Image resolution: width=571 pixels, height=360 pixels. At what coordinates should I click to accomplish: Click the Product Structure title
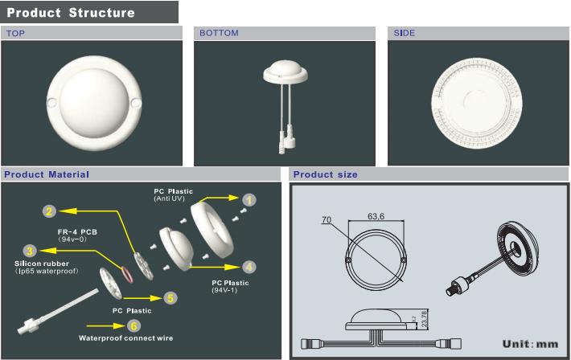pyautogui.click(x=71, y=13)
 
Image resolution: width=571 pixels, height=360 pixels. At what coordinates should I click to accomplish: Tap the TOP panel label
pyautogui.click(x=15, y=34)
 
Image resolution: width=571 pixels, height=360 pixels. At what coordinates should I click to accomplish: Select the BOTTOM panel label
pyautogui.click(x=219, y=33)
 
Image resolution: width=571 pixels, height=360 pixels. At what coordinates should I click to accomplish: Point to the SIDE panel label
pyautogui.click(x=405, y=33)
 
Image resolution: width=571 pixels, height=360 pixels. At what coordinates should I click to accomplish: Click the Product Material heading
pyautogui.click(x=47, y=174)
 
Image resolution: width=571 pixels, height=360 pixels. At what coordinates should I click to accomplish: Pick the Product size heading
pyautogui.click(x=325, y=174)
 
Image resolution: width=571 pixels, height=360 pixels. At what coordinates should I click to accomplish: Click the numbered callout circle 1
pyautogui.click(x=249, y=200)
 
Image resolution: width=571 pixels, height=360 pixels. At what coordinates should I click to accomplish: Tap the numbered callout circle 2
pyautogui.click(x=50, y=211)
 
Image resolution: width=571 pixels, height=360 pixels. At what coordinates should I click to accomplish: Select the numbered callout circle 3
pyautogui.click(x=30, y=251)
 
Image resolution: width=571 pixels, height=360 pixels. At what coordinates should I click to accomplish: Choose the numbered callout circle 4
pyautogui.click(x=249, y=267)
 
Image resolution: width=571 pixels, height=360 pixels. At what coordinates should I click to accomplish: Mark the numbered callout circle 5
pyautogui.click(x=170, y=298)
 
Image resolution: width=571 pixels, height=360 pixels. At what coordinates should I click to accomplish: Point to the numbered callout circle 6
pyautogui.click(x=134, y=325)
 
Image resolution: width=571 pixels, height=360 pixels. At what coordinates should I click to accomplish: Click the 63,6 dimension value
pyautogui.click(x=376, y=216)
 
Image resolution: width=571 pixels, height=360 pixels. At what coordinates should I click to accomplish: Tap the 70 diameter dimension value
pyautogui.click(x=327, y=219)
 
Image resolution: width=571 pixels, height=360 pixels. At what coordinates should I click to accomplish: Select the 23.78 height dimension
pyautogui.click(x=425, y=318)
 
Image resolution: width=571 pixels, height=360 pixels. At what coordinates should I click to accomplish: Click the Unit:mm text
pyautogui.click(x=530, y=344)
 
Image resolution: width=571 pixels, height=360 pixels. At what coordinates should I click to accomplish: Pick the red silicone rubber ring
pyautogui.click(x=127, y=275)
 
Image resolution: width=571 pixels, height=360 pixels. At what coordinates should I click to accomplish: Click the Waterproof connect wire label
pyautogui.click(x=126, y=338)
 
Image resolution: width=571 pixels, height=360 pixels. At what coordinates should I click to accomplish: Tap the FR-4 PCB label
pyautogui.click(x=77, y=232)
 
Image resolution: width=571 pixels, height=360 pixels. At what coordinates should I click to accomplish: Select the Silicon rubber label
pyautogui.click(x=42, y=264)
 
